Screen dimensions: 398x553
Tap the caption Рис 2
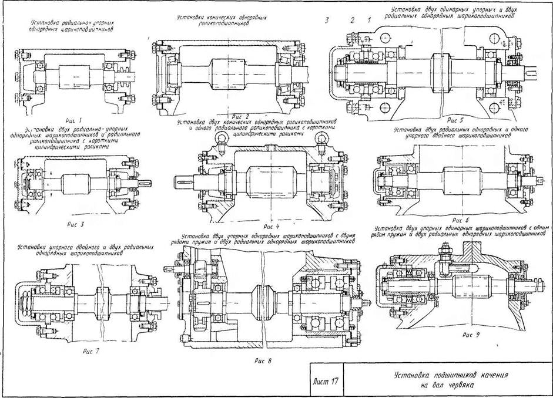(241, 116)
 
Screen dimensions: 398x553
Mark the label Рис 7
(91, 350)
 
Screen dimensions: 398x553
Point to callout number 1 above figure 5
(368, 21)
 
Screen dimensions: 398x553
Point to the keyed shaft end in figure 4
(184, 182)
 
